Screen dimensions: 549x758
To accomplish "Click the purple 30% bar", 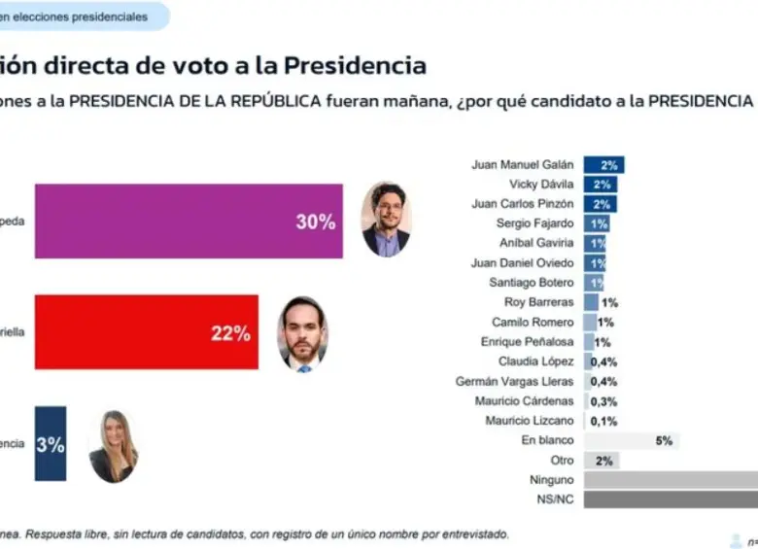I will [189, 222].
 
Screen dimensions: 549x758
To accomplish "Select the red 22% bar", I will [146, 332].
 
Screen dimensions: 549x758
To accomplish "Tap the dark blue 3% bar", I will [51, 444].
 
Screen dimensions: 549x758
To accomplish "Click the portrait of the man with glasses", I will [386, 220].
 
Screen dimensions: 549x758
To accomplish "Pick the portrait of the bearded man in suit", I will [302, 334].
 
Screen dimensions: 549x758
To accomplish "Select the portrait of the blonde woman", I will [114, 446].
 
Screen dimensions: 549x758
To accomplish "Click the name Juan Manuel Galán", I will [522, 164].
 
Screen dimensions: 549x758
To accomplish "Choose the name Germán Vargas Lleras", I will [514, 381].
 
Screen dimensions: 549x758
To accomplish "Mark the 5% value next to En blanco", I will [664, 440].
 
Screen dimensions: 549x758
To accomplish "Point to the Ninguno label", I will [551, 480].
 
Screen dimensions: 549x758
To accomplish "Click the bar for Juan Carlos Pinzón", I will [598, 204].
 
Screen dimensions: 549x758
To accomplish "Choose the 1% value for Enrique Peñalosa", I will [603, 342].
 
